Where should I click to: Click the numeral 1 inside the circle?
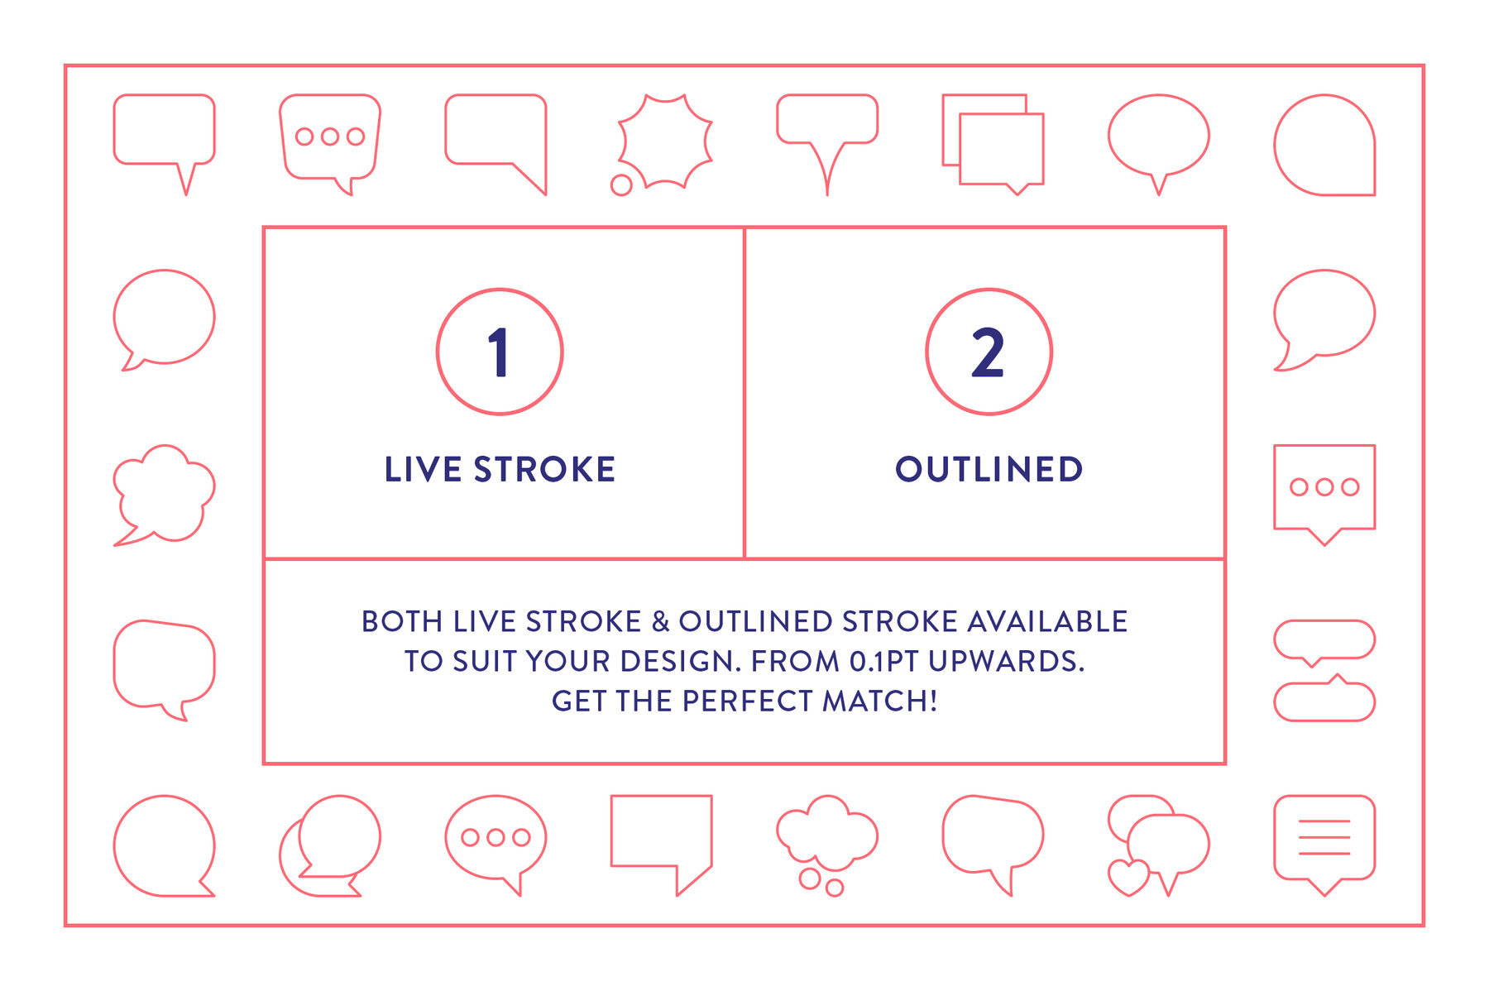[x=499, y=352]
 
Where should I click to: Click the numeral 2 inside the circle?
[x=988, y=352]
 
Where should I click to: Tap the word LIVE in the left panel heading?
[x=423, y=470]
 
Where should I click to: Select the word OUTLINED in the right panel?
[x=989, y=470]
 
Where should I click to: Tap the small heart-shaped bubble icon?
[x=1128, y=877]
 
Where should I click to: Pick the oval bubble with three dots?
[x=496, y=838]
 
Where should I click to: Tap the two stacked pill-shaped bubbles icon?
[x=1324, y=670]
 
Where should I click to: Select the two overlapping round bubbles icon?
[x=330, y=844]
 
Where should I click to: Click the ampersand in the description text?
[x=660, y=622]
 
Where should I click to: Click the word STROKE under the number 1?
[x=544, y=470]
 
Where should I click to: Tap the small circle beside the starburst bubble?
[x=621, y=185]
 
